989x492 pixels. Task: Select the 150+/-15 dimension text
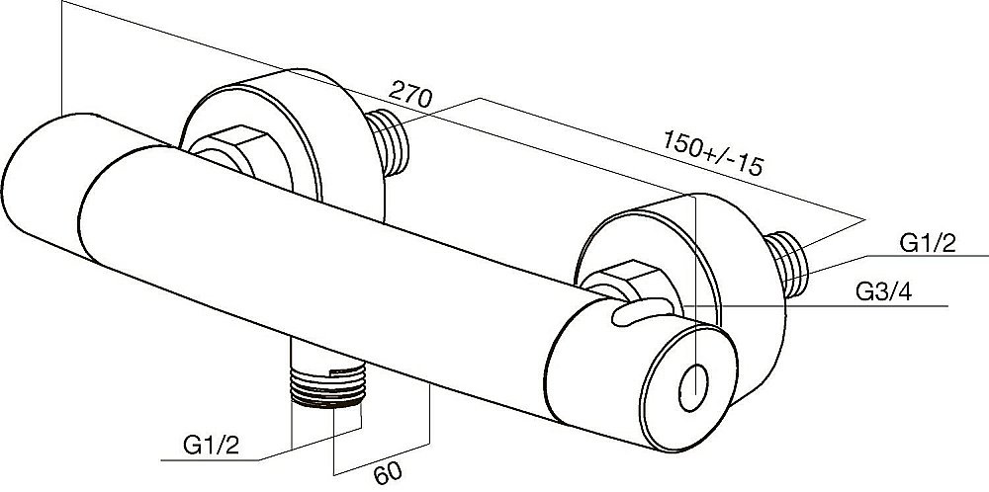coord(713,152)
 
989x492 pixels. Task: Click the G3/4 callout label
coord(883,291)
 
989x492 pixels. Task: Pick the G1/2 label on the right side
coord(928,243)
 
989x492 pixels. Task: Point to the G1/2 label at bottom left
coord(212,446)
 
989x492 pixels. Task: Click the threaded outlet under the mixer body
coord(328,383)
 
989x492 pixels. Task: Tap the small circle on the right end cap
coord(693,388)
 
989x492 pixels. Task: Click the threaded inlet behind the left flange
coord(389,142)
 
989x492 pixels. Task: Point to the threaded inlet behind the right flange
coord(786,264)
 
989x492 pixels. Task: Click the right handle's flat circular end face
coord(689,386)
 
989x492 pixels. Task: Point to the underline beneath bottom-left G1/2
coord(210,460)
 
